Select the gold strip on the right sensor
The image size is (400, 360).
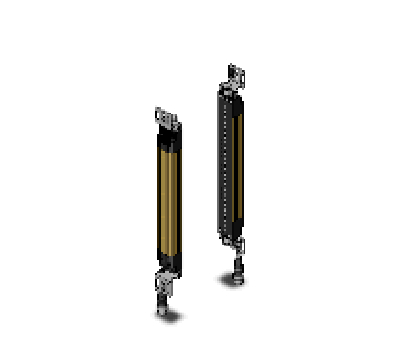pyautogui.click(x=239, y=165)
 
